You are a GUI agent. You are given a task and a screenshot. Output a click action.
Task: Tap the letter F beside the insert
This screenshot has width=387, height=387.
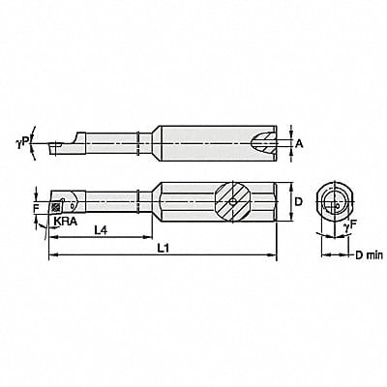click(x=36, y=205)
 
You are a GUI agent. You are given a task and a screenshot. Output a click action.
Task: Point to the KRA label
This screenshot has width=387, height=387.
click(x=65, y=221)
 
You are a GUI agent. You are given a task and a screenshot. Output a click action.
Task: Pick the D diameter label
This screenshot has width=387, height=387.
click(x=300, y=201)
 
